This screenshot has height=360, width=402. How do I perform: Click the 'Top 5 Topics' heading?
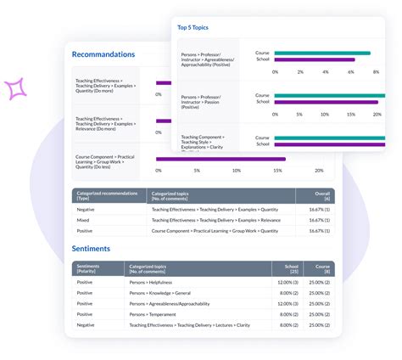[195, 27]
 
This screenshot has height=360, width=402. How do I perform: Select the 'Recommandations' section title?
[103, 54]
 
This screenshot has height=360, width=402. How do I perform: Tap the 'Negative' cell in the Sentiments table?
[86, 324]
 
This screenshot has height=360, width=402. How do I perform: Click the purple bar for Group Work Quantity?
[221, 159]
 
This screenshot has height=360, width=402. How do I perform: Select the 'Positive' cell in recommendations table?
[86, 230]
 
